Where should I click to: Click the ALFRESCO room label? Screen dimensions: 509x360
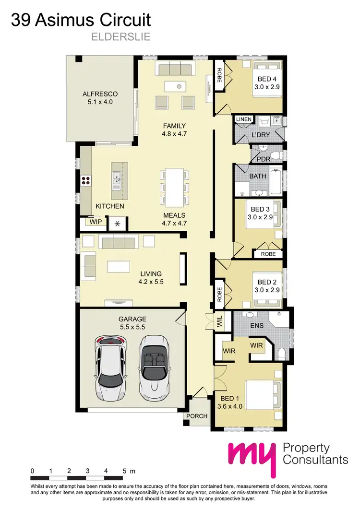point(100,94)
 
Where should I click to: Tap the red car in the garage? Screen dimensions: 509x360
point(110,367)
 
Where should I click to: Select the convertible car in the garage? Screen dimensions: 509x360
point(155,367)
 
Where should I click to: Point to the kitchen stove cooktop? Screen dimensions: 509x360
point(86,180)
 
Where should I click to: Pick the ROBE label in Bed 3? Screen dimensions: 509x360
point(268,254)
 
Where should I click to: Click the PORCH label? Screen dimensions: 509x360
point(197,416)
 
